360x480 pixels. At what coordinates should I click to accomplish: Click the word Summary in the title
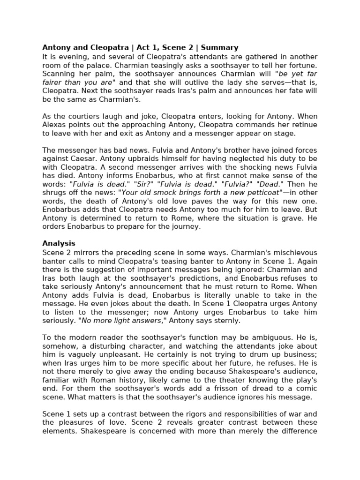pos(220,47)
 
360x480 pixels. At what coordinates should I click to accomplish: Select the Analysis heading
pos(59,243)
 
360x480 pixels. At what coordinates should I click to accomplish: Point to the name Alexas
pos(55,125)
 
